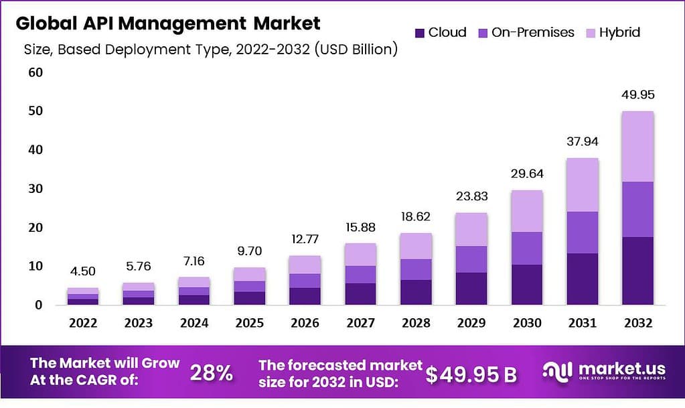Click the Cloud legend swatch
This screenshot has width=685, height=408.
(x=420, y=32)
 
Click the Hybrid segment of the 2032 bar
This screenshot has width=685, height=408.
(x=637, y=146)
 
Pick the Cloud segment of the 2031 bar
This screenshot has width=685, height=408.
(x=583, y=279)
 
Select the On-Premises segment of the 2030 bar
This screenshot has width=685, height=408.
(x=528, y=248)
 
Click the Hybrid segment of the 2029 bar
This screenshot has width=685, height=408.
(x=472, y=229)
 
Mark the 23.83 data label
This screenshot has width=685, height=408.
(x=472, y=196)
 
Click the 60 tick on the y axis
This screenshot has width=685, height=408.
(x=35, y=72)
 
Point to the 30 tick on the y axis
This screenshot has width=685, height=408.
(x=35, y=189)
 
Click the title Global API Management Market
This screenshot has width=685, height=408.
(x=168, y=23)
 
